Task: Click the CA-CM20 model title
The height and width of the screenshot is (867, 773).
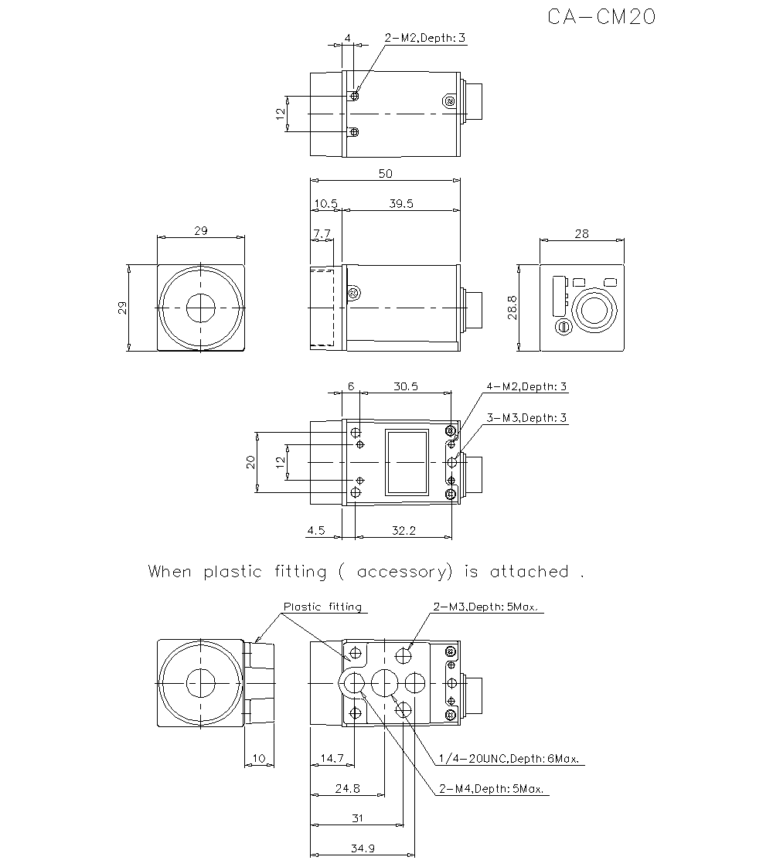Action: point(601,17)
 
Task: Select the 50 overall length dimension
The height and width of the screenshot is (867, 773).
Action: point(384,174)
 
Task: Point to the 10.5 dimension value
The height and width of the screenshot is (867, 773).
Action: point(325,204)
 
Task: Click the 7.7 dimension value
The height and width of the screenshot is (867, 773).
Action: point(322,233)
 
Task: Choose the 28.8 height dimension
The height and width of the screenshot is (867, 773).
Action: point(511,306)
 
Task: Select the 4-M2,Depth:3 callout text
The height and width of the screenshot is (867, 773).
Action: point(526,386)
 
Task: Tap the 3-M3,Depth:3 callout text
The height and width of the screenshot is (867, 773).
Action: point(526,418)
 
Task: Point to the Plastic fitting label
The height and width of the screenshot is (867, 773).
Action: point(322,607)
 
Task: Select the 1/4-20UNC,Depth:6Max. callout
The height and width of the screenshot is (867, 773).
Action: point(509,759)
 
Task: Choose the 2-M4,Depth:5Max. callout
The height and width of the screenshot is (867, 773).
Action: point(491,789)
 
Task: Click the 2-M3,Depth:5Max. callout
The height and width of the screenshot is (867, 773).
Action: point(488,607)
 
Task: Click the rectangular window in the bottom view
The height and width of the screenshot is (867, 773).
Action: point(407,462)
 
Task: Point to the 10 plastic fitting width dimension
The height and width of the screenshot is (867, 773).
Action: point(259,759)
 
